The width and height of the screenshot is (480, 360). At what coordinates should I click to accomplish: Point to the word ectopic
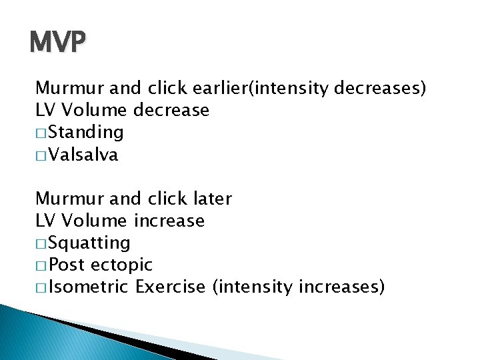click(x=121, y=265)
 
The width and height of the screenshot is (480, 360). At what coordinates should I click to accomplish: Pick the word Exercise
click(x=171, y=287)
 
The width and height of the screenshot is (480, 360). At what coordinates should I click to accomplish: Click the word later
click(x=211, y=199)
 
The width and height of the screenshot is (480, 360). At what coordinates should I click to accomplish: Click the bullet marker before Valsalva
click(x=42, y=156)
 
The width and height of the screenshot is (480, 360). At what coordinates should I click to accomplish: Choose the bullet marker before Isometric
click(x=42, y=288)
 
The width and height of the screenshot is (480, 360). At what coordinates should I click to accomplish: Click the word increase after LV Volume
click(x=169, y=221)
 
